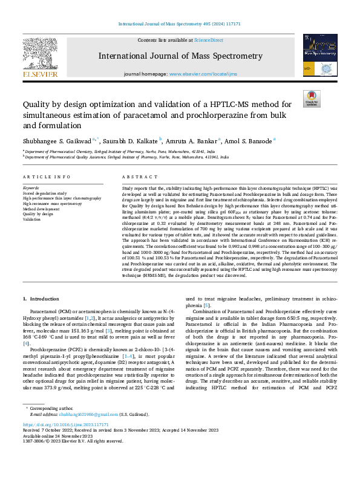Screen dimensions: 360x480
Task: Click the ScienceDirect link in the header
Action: point(208,40)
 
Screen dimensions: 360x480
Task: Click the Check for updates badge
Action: point(312,99)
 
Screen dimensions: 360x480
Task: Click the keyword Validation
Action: point(32,218)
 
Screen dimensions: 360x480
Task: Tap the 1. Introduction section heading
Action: point(41,299)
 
